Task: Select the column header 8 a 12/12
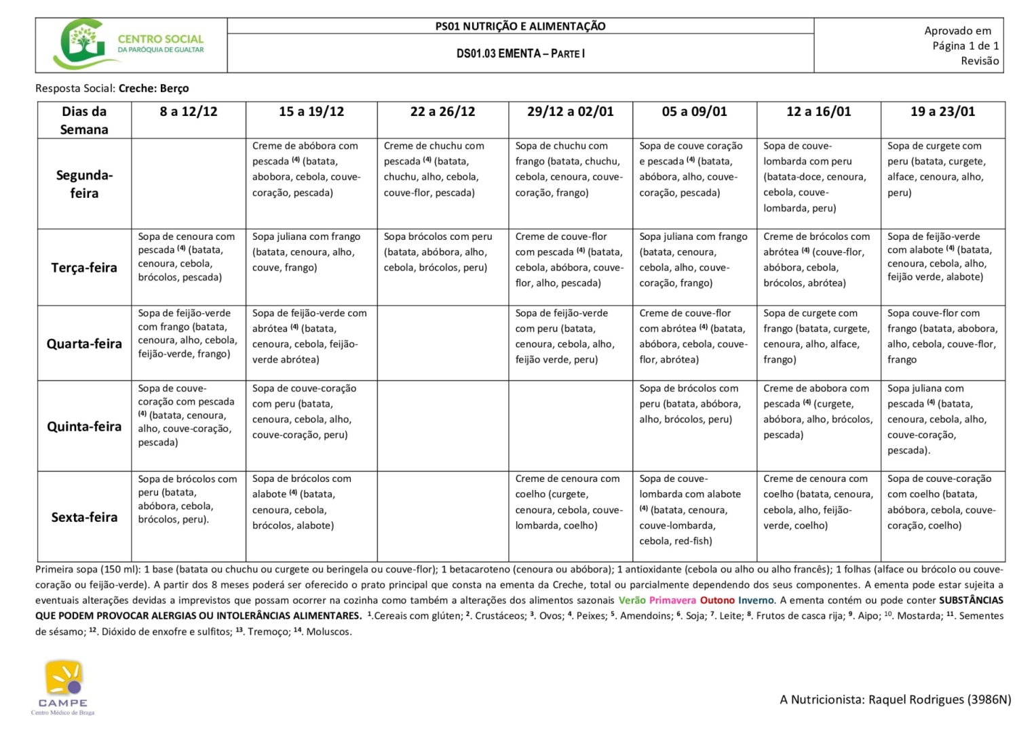point(189,112)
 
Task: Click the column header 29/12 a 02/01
point(570,112)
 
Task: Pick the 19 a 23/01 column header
point(942,112)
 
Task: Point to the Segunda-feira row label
point(84,184)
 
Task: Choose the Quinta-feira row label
point(84,426)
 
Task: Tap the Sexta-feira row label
point(84,517)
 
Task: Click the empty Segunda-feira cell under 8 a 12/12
point(189,184)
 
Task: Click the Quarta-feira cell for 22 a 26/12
point(442,343)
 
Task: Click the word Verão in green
point(632,601)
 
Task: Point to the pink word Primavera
point(672,601)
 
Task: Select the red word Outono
point(717,601)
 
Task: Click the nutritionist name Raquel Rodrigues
point(916,699)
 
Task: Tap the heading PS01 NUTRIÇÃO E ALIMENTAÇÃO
point(520,26)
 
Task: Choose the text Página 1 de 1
point(965,46)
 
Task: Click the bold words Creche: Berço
point(153,88)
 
